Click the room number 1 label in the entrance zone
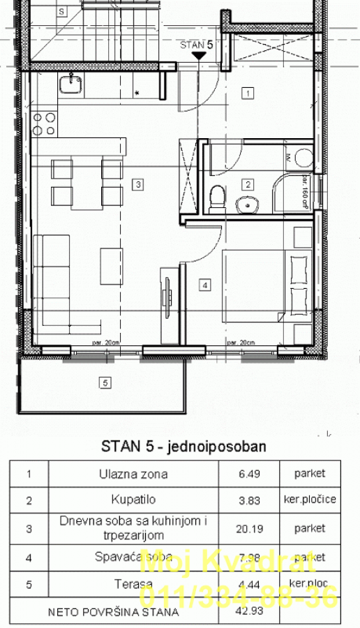247,92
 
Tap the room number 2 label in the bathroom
247,185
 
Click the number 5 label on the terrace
105,382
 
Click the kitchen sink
70,85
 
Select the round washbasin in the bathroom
246,205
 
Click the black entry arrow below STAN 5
198,53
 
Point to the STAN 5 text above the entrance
195,43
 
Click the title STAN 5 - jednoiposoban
183,446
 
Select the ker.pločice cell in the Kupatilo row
309,500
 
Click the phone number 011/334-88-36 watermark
239,597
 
